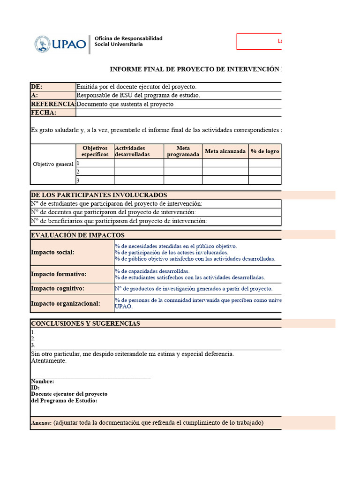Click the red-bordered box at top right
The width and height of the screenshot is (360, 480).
[x=259, y=41]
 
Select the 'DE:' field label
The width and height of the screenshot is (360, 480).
[x=37, y=87]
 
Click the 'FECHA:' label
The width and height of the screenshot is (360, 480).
[x=44, y=112]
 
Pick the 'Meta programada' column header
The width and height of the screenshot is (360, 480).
[x=183, y=151]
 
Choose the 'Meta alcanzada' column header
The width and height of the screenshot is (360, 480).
[x=225, y=151]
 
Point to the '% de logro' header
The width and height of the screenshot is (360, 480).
[x=265, y=151]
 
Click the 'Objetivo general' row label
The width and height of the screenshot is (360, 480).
[x=53, y=165]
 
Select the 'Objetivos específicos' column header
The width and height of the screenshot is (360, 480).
[x=95, y=151]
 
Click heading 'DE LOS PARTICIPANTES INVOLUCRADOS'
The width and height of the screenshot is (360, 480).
[x=99, y=195]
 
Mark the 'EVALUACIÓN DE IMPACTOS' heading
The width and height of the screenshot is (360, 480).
[x=77, y=235]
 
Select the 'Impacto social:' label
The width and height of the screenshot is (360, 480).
[x=52, y=252]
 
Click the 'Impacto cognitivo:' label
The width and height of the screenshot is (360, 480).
[x=58, y=288]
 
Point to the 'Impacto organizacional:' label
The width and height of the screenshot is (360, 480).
[x=66, y=303]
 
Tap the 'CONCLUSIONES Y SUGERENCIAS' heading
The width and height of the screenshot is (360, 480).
[x=85, y=323]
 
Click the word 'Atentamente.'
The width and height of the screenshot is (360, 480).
[x=49, y=361]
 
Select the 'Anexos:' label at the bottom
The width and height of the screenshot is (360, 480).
[x=41, y=423]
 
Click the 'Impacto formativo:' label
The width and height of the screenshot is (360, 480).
[x=59, y=274]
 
